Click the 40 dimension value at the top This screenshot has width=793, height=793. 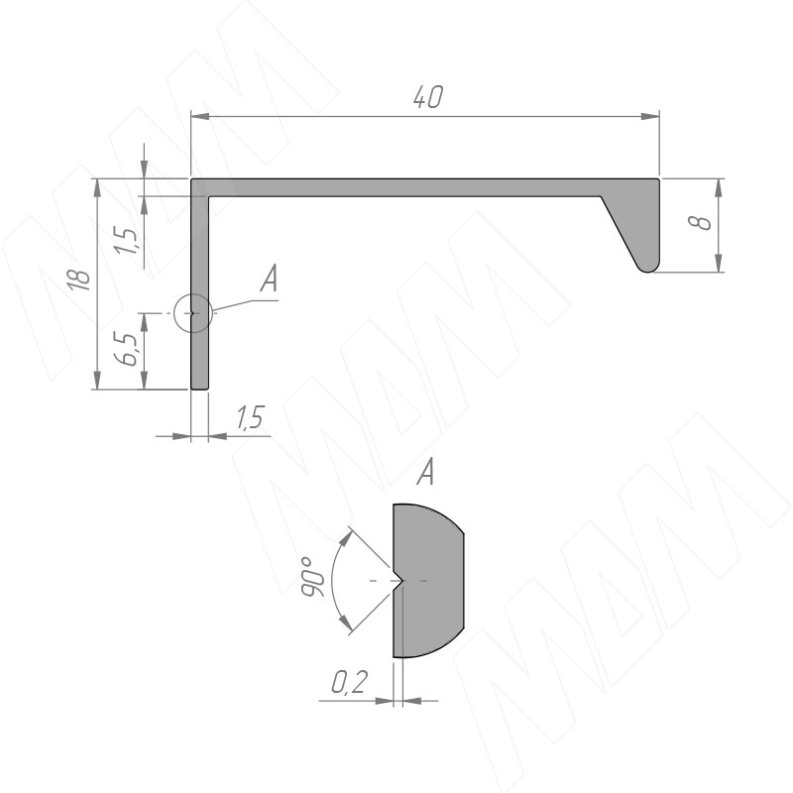point(428,96)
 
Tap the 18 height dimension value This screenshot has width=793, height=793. point(80,280)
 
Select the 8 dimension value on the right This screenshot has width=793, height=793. point(700,222)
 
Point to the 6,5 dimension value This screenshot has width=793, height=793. point(126,349)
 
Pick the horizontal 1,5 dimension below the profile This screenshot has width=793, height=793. point(251,417)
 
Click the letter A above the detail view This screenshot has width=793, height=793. point(425,472)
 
